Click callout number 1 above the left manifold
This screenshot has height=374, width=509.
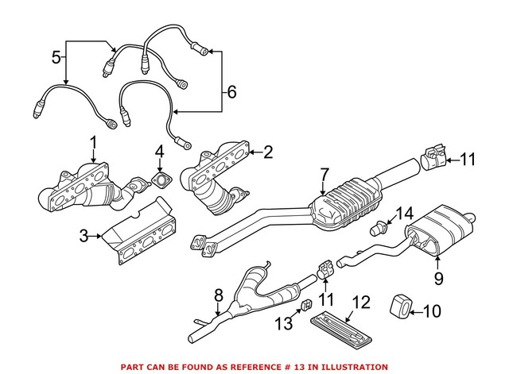(93, 142)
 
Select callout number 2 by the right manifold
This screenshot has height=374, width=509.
(267, 149)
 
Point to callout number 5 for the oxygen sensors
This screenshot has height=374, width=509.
(56, 56)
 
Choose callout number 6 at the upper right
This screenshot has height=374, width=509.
(231, 92)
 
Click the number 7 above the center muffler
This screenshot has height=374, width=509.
(324, 173)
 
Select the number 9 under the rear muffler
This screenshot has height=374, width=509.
(437, 280)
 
